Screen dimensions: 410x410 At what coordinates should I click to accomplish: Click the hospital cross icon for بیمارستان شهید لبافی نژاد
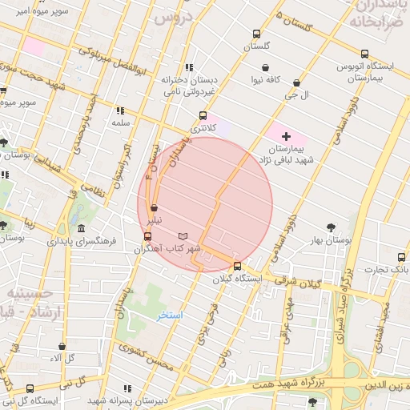click(286, 137)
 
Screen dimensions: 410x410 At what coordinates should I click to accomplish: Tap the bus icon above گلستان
click(256, 34)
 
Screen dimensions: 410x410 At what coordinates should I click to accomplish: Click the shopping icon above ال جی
click(297, 82)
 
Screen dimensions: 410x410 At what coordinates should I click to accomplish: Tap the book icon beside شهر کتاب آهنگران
click(183, 236)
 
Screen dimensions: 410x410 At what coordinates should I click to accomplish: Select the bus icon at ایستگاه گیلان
click(236, 267)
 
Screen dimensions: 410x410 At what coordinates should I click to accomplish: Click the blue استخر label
click(171, 315)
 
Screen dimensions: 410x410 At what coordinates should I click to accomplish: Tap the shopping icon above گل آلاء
click(62, 347)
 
